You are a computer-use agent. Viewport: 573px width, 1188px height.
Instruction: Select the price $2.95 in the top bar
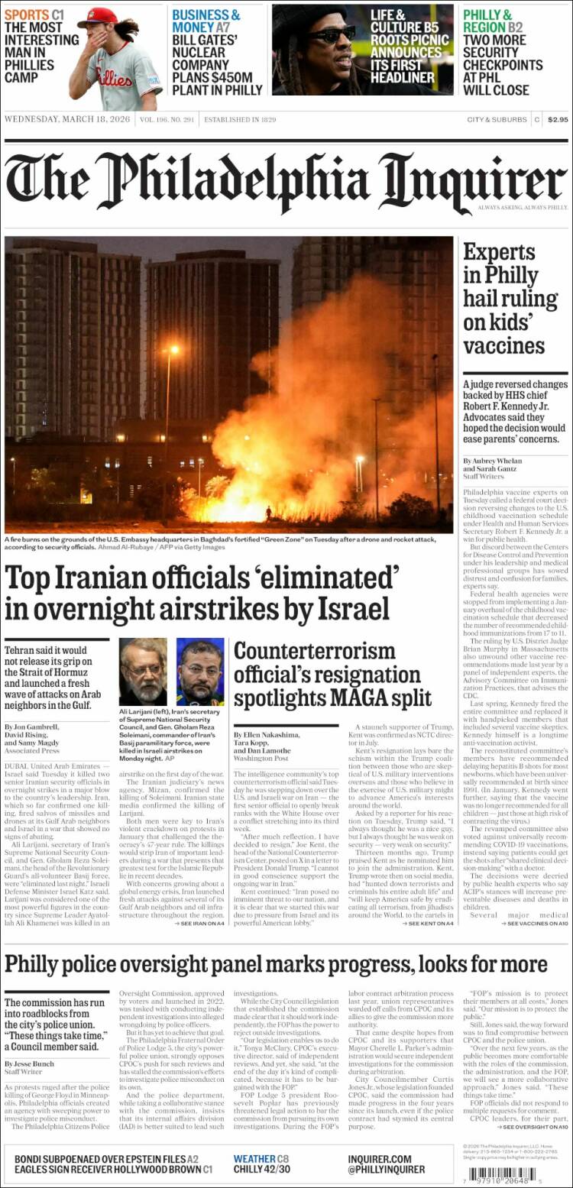point(558,119)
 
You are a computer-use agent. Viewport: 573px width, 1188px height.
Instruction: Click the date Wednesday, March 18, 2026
point(68,120)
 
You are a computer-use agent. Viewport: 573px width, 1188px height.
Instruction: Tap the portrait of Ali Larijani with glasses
point(142,672)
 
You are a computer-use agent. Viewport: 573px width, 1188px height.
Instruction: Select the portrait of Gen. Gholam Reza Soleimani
point(200,672)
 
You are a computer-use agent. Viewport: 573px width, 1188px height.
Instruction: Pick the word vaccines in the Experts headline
point(503,346)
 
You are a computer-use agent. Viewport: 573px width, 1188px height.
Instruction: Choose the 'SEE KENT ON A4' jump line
point(431,923)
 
